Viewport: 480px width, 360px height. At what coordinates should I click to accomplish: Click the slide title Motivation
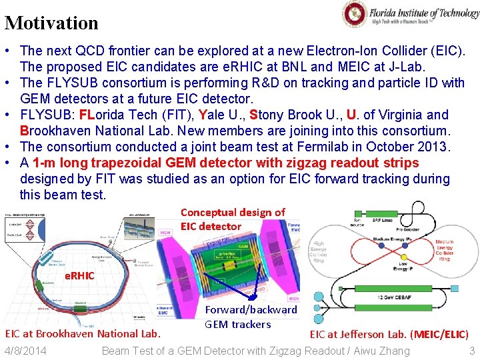(x=51, y=23)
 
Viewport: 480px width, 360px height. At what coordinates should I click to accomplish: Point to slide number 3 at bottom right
(x=471, y=351)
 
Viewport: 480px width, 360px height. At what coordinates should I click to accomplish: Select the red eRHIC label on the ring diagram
(x=79, y=275)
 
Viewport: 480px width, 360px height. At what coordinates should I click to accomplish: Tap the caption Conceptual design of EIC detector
(x=232, y=219)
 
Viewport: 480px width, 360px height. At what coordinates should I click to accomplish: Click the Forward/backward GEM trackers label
(x=251, y=317)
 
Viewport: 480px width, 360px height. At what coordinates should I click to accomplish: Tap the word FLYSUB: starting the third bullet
(x=47, y=115)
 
